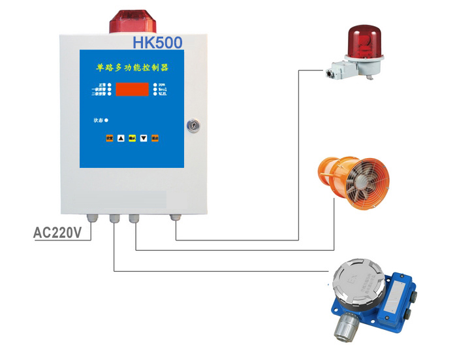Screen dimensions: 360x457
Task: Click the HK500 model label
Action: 157,42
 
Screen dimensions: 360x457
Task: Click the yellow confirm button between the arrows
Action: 131,138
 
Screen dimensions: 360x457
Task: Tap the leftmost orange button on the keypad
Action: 109,138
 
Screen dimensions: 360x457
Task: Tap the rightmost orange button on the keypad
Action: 155,138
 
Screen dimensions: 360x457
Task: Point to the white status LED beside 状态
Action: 106,120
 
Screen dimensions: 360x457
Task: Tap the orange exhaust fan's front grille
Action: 363,180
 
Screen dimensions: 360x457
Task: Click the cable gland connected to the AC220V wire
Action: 89,218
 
